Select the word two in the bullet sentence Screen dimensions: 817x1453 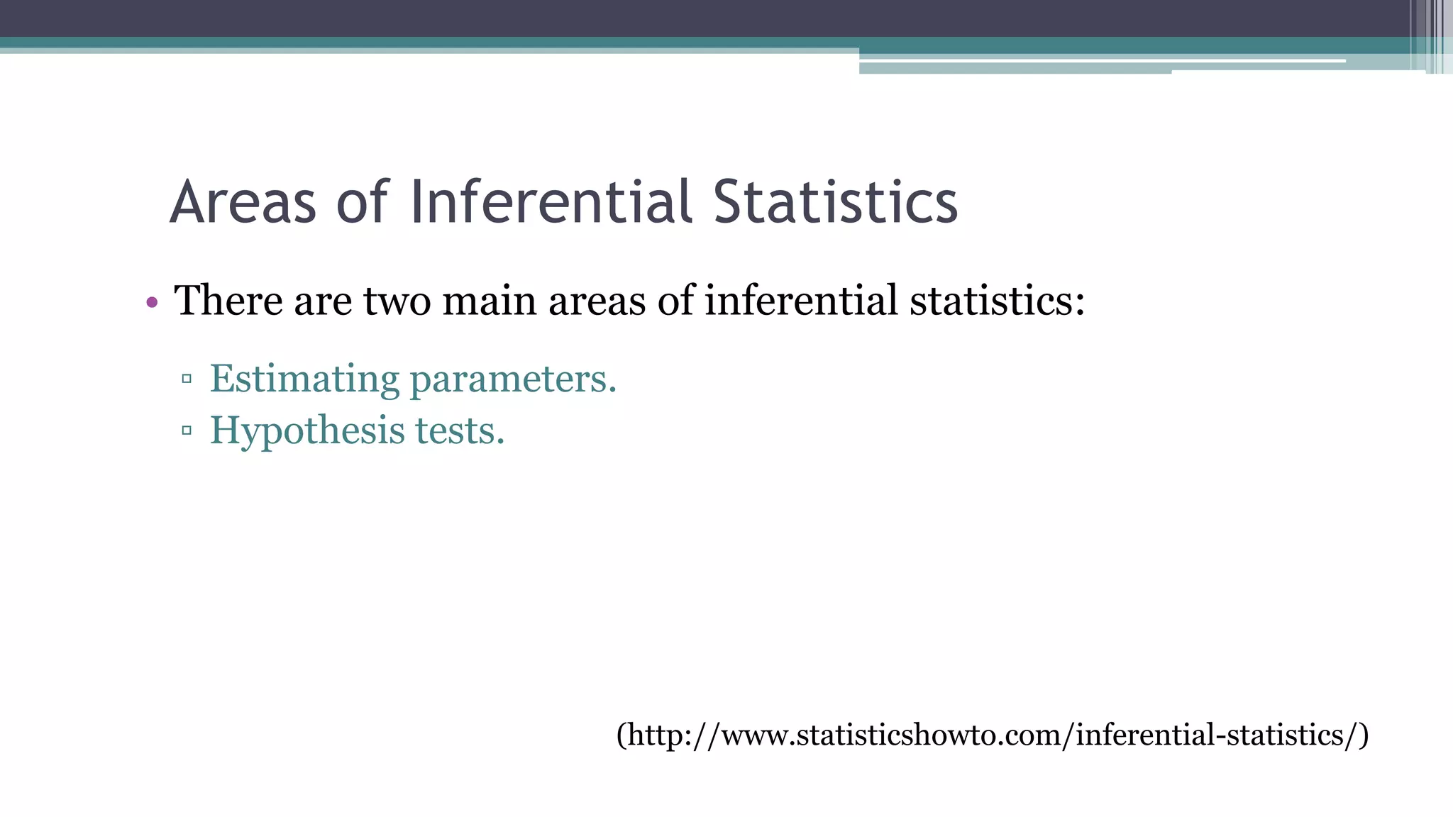(397, 300)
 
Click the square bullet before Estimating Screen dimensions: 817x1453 (187, 379)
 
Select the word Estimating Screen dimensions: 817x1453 (304, 379)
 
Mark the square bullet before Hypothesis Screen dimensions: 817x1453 (187, 430)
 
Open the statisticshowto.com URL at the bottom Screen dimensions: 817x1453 (992, 735)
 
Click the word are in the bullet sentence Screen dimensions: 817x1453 (323, 301)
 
